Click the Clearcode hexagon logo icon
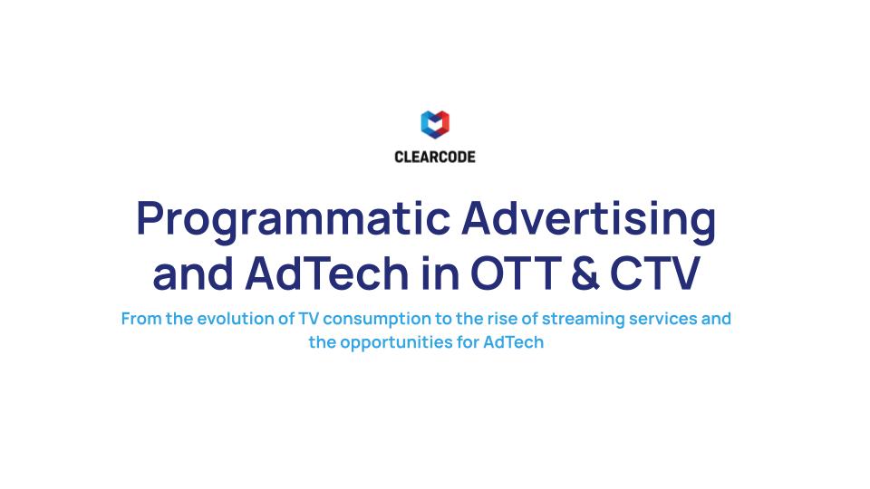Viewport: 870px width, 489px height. pyautogui.click(x=435, y=124)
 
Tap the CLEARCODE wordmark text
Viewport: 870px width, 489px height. pyautogui.click(x=435, y=157)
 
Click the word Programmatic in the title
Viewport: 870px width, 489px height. pyautogui.click(x=293, y=220)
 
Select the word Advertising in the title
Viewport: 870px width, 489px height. pyautogui.click(x=589, y=220)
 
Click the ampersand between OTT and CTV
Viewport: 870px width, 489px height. pyautogui.click(x=586, y=273)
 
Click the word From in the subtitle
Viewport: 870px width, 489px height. pyautogui.click(x=140, y=319)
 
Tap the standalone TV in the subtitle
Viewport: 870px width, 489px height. pyautogui.click(x=308, y=319)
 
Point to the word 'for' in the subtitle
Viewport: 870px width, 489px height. pyautogui.click(x=466, y=343)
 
